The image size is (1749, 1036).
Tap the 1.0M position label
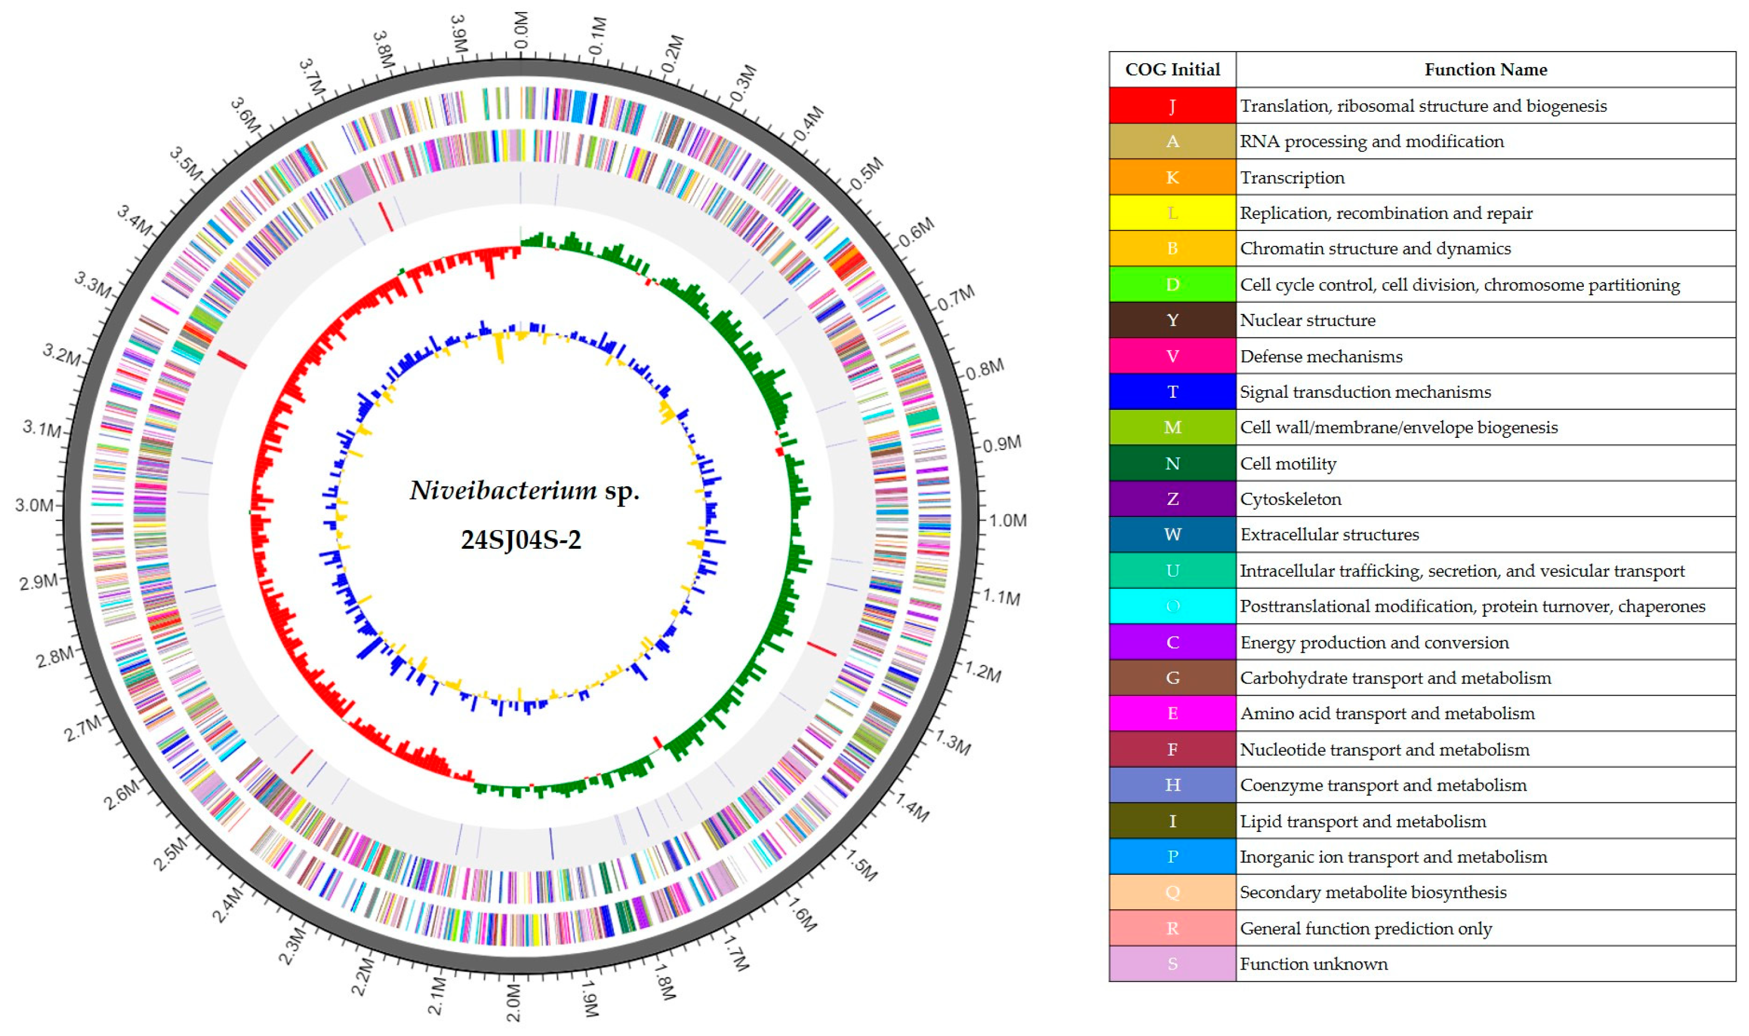point(1007,521)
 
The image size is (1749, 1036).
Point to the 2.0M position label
point(514,1003)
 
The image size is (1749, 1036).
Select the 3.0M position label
point(34,505)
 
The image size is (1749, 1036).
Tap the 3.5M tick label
point(186,162)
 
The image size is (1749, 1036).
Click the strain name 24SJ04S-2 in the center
point(521,539)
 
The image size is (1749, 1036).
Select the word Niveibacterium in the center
point(503,491)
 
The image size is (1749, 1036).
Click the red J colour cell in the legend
point(1171,105)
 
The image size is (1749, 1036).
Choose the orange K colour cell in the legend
point(1171,177)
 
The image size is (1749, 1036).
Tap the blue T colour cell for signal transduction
point(1171,392)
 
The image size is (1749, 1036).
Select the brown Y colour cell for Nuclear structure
point(1171,320)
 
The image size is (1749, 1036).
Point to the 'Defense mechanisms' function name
point(1321,357)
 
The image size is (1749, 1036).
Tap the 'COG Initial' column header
point(1172,70)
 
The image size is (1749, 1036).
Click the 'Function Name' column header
point(1485,70)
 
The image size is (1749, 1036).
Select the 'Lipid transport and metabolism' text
point(1363,821)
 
